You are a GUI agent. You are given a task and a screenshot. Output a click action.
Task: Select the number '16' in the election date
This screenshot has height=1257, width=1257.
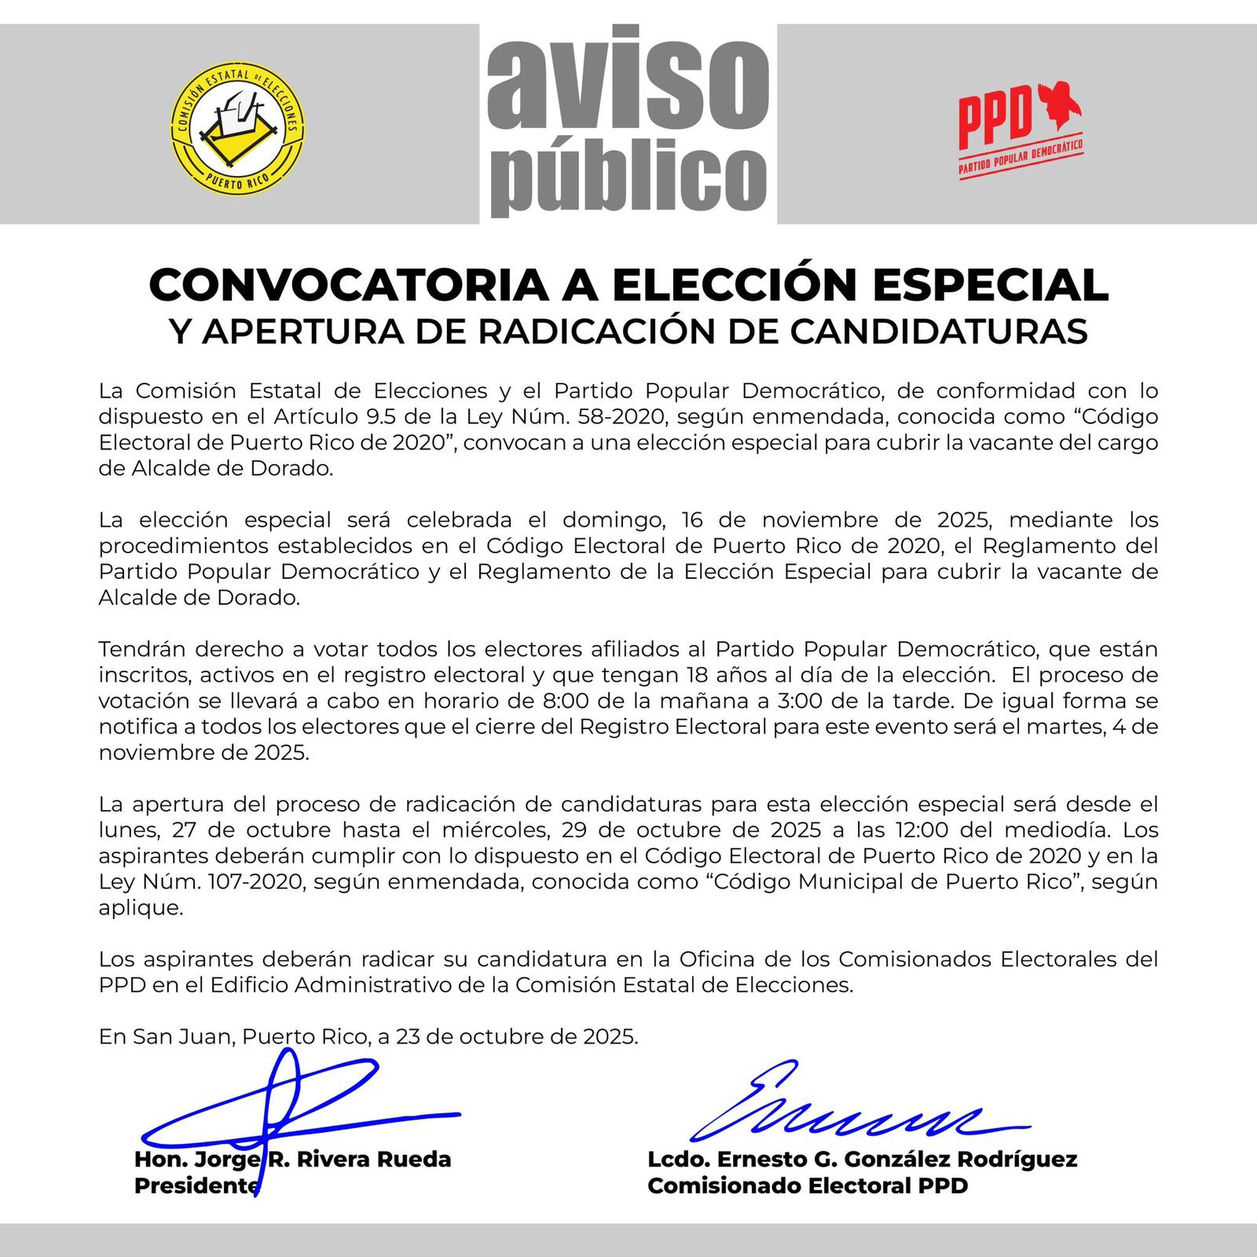tap(693, 520)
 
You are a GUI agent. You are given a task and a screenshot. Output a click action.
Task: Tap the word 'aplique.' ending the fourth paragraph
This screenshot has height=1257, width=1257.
tap(141, 907)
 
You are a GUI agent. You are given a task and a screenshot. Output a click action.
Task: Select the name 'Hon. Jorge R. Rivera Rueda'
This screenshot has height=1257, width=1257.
tap(293, 1160)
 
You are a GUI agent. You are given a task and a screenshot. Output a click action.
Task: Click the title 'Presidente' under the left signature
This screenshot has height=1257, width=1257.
tap(196, 1186)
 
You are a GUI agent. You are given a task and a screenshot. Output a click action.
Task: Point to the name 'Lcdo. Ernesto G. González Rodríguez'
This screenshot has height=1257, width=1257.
tap(862, 1160)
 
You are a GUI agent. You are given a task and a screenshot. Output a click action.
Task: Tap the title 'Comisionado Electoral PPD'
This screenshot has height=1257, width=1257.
tap(808, 1186)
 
